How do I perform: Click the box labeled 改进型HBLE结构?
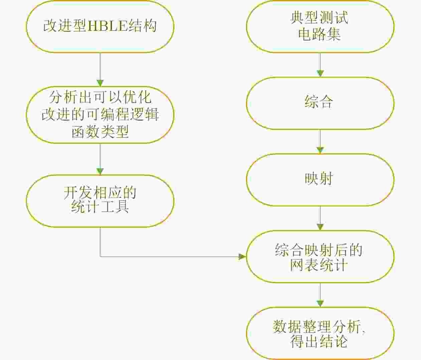[100, 26]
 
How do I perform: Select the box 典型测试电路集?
[320, 26]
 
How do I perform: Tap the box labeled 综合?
[320, 103]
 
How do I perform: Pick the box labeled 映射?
[320, 179]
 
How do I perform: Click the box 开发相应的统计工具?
[100, 201]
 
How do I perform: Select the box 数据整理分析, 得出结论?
[320, 333]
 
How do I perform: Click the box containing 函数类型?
[100, 115]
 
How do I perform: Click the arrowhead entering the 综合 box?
[320, 73]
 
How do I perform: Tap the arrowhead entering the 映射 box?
[320, 150]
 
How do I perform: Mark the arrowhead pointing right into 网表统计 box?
[242, 256]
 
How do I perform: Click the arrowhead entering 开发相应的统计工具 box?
[100, 171]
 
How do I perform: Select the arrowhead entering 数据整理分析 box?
[320, 304]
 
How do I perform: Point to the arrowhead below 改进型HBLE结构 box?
[100, 83]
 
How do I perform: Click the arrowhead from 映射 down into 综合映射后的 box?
[320, 227]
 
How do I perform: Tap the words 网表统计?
[319, 265]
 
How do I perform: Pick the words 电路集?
[319, 35]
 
